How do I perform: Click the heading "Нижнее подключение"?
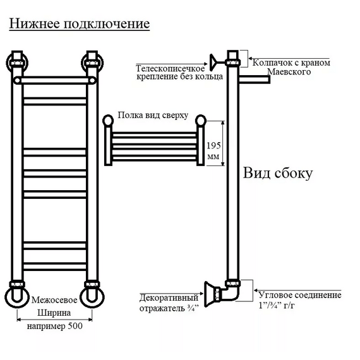point(80,23)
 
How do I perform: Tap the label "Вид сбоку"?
point(278,172)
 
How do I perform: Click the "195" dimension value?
point(213,145)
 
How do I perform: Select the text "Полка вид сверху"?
point(153,115)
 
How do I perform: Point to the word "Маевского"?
point(289,71)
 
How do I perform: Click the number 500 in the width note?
point(75,326)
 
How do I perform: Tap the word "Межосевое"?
point(54,300)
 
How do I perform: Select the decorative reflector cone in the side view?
point(210,294)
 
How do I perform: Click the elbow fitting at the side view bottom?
point(231,292)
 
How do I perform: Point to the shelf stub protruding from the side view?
point(255,80)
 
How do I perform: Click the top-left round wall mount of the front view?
point(17,63)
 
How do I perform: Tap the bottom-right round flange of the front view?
point(92,297)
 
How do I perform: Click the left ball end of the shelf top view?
point(108,120)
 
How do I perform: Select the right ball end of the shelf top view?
point(201,120)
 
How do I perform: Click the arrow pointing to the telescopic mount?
point(172,64)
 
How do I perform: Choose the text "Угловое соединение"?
point(300,295)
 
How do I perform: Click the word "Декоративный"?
point(169,297)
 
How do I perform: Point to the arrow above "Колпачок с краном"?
point(289,59)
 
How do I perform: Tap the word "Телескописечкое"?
point(170,68)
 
